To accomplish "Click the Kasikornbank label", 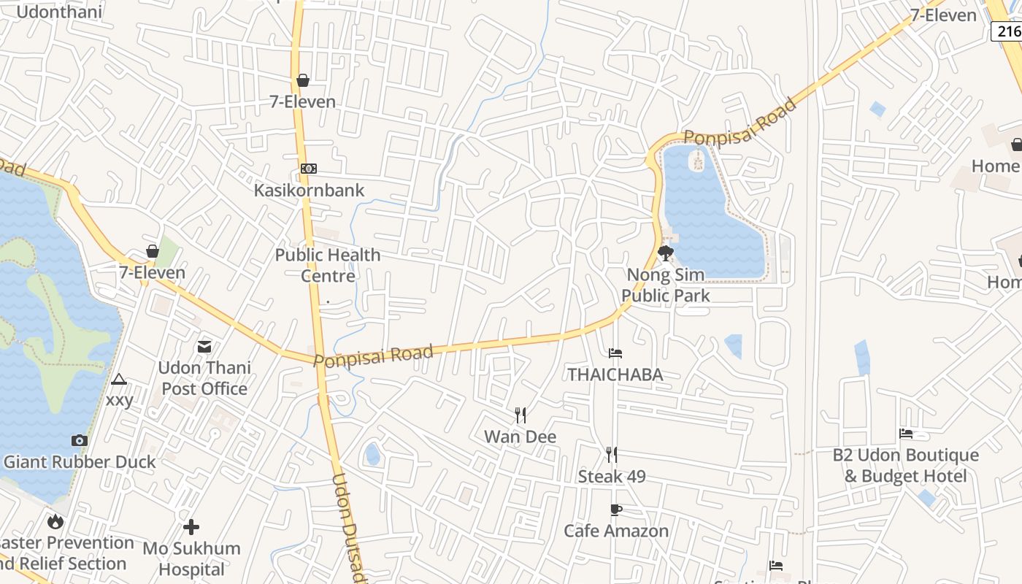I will pyautogui.click(x=309, y=191).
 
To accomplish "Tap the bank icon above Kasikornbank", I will pyautogui.click(x=309, y=169).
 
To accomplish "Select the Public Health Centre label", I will pyautogui.click(x=328, y=265).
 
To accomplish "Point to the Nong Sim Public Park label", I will pyautogui.click(x=665, y=285).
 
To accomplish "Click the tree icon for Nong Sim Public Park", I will pyautogui.click(x=665, y=253).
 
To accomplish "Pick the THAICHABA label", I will pyautogui.click(x=615, y=375).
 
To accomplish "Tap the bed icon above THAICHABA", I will pyautogui.click(x=615, y=353).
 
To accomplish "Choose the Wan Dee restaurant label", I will pyautogui.click(x=520, y=437).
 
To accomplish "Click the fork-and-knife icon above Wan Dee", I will pyautogui.click(x=520, y=415).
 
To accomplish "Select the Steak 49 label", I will pyautogui.click(x=612, y=477).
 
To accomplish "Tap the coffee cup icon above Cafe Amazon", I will pyautogui.click(x=616, y=510).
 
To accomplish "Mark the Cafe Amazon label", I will pyautogui.click(x=616, y=531).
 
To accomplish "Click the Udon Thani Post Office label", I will pyautogui.click(x=204, y=378).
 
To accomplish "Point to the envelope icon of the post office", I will pyautogui.click(x=204, y=346).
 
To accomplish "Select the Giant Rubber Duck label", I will pyautogui.click(x=80, y=462).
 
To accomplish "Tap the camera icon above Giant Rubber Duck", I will pyautogui.click(x=80, y=440).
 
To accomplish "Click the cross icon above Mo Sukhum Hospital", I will pyautogui.click(x=191, y=526).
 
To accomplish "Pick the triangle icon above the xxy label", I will pyautogui.click(x=119, y=379).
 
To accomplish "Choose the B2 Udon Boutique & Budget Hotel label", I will pyautogui.click(x=906, y=466).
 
